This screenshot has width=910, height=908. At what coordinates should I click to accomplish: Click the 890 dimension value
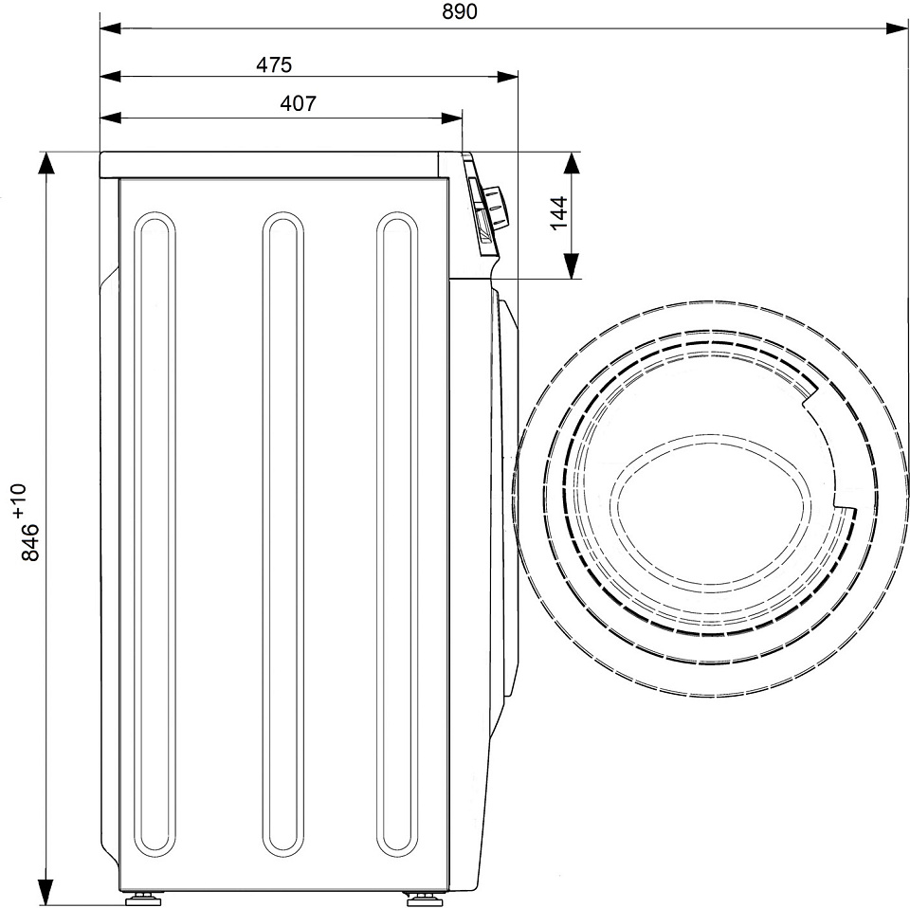tap(459, 11)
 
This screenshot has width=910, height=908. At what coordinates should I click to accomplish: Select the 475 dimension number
tap(274, 64)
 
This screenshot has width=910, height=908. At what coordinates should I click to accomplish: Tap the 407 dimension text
tap(299, 103)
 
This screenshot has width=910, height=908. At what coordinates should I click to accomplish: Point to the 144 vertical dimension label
tap(559, 213)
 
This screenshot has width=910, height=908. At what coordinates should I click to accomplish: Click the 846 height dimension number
tap(30, 542)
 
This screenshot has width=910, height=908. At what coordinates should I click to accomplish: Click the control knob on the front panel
tap(495, 208)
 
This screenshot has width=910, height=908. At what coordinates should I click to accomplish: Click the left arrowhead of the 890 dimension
tap(110, 27)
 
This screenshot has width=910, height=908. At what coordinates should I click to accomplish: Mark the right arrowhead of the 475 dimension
tap(507, 76)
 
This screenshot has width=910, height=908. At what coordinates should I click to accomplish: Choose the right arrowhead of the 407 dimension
tap(451, 118)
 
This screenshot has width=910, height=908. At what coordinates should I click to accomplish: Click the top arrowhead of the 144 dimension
tap(572, 163)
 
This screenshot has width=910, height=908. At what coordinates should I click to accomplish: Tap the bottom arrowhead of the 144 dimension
tap(572, 267)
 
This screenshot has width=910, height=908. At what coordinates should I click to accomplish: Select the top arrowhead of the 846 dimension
tap(45, 163)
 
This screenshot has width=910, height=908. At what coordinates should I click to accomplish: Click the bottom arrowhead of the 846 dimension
tap(45, 894)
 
